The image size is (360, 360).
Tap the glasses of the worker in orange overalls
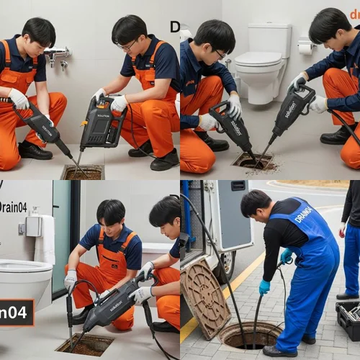tap(127, 45)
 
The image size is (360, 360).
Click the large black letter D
tap(175, 27)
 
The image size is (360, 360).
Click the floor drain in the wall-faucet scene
tap(83, 171)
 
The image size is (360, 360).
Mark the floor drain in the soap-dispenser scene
tap(84, 344)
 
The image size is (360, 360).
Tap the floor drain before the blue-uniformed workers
tap(253, 161)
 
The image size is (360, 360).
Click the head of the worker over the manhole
tap(255, 203)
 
